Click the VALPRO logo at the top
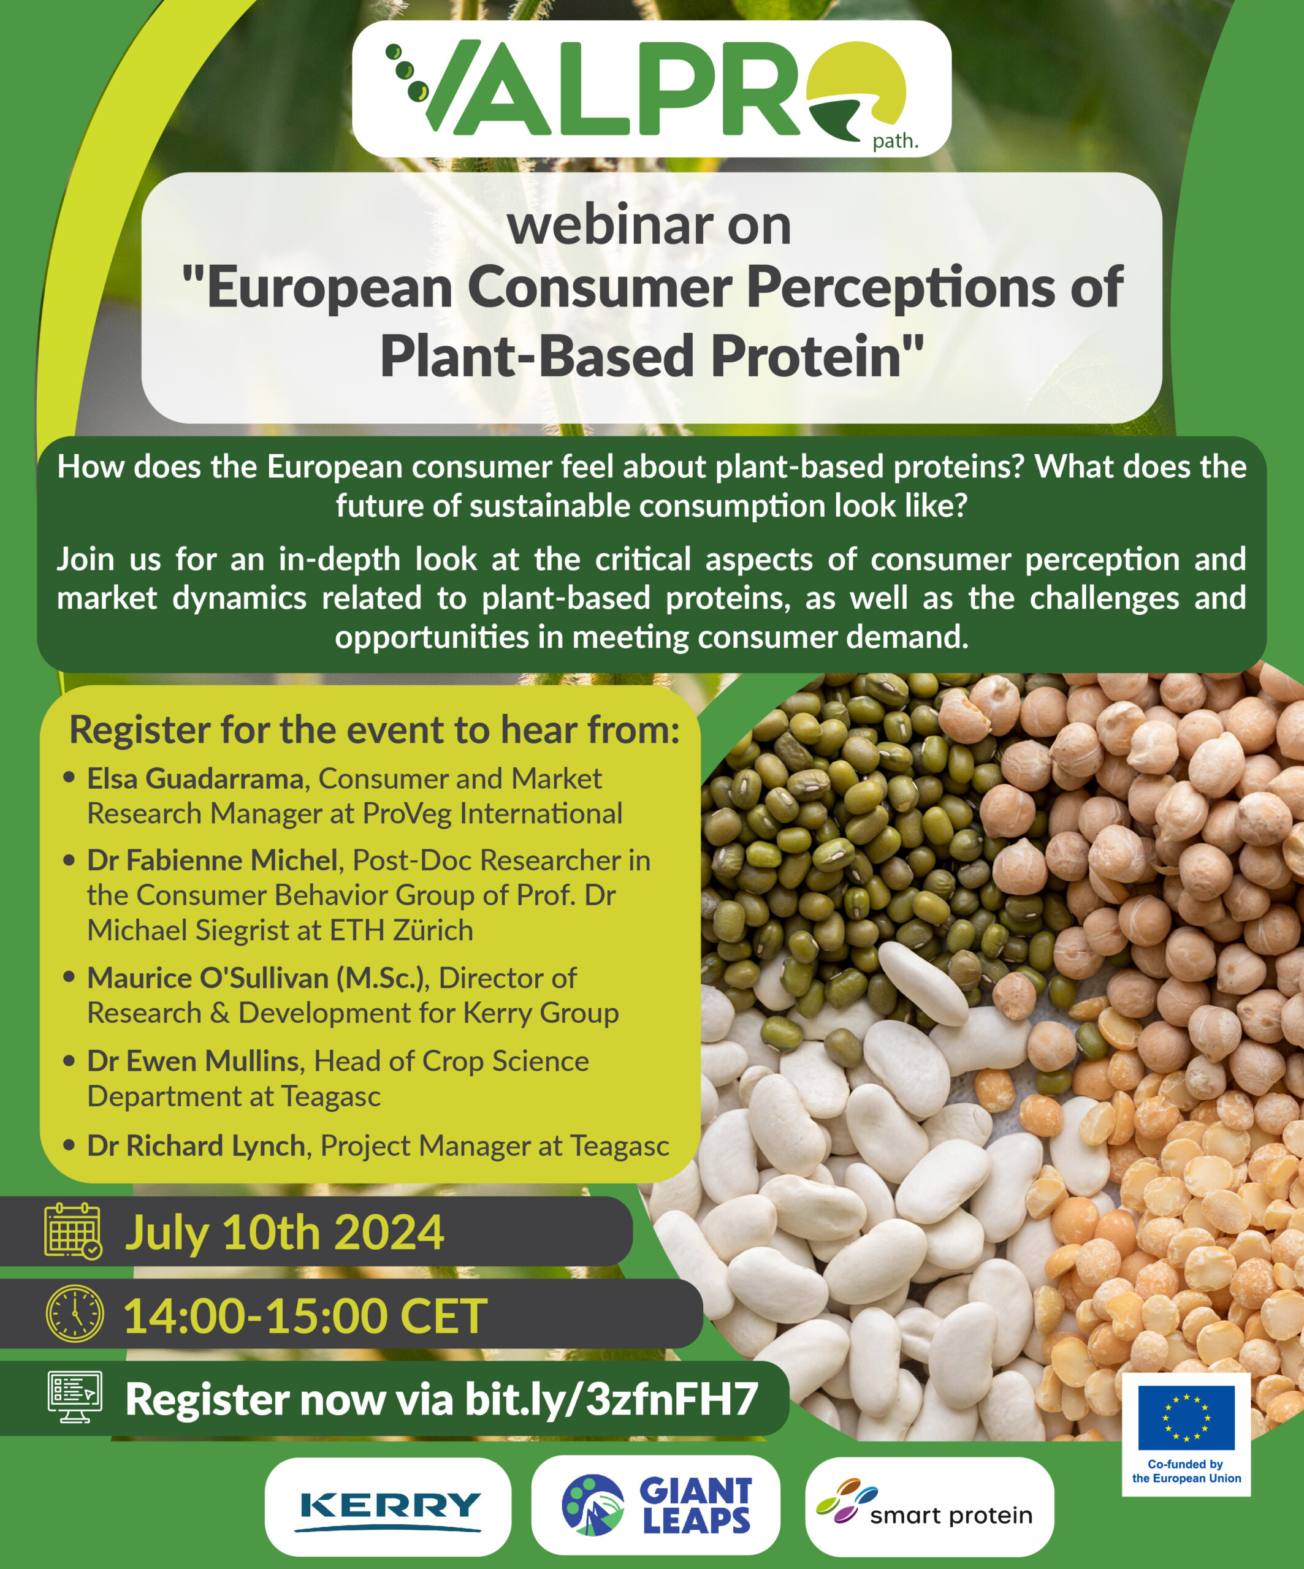pyautogui.click(x=650, y=88)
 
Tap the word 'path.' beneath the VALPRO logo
pyautogui.click(x=894, y=140)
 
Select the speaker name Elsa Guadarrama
pyautogui.click(x=195, y=778)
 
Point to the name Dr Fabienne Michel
pyautogui.click(x=212, y=860)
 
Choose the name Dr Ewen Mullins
pyautogui.click(x=193, y=1061)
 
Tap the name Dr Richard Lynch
pyautogui.click(x=196, y=1145)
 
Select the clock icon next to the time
pyautogui.click(x=75, y=1314)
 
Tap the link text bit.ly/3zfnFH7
pyautogui.click(x=611, y=1399)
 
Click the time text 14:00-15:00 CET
pyautogui.click(x=305, y=1316)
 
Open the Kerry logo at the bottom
pyautogui.click(x=388, y=1507)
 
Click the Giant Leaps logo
pyautogui.click(x=655, y=1505)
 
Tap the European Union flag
pyautogui.click(x=1186, y=1418)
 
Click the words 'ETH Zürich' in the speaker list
pyautogui.click(x=402, y=930)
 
